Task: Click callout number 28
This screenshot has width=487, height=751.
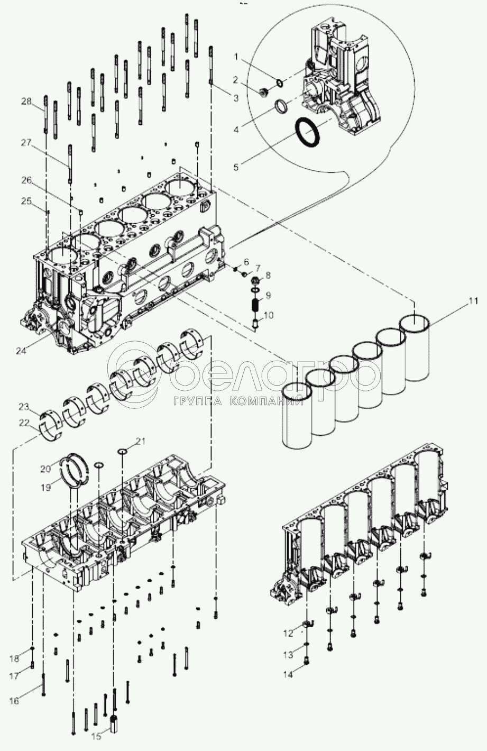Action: pyautogui.click(x=26, y=101)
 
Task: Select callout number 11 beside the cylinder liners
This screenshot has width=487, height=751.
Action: pyautogui.click(x=473, y=301)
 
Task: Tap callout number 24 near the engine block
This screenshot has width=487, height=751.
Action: pyautogui.click(x=21, y=351)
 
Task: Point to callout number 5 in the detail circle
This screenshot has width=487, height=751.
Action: pyautogui.click(x=236, y=167)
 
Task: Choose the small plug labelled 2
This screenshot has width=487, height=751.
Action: pyautogui.click(x=264, y=91)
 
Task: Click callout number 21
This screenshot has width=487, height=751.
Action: pyautogui.click(x=141, y=441)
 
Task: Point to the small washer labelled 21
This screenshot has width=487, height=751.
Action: pyautogui.click(x=122, y=452)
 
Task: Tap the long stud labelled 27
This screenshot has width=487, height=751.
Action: pyautogui.click(x=70, y=164)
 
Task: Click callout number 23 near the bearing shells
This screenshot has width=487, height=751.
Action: pyautogui.click(x=24, y=407)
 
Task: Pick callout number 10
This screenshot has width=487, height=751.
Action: pyautogui.click(x=269, y=315)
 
